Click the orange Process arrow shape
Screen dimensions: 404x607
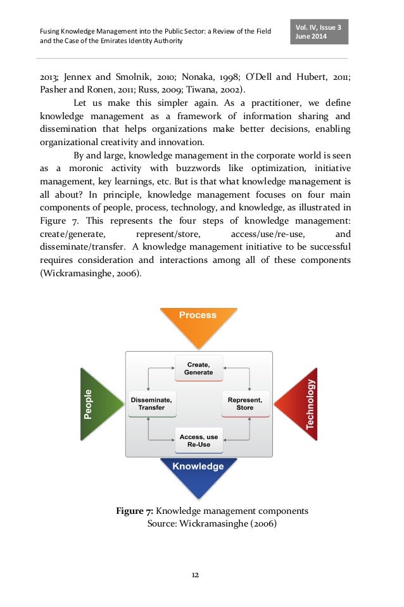(198, 323)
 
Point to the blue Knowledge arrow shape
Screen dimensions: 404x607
(198, 472)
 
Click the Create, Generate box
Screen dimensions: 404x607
(198, 368)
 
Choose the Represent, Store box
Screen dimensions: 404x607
(245, 404)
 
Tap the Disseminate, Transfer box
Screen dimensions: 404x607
(152, 404)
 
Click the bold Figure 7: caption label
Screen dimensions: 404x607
(134, 511)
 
